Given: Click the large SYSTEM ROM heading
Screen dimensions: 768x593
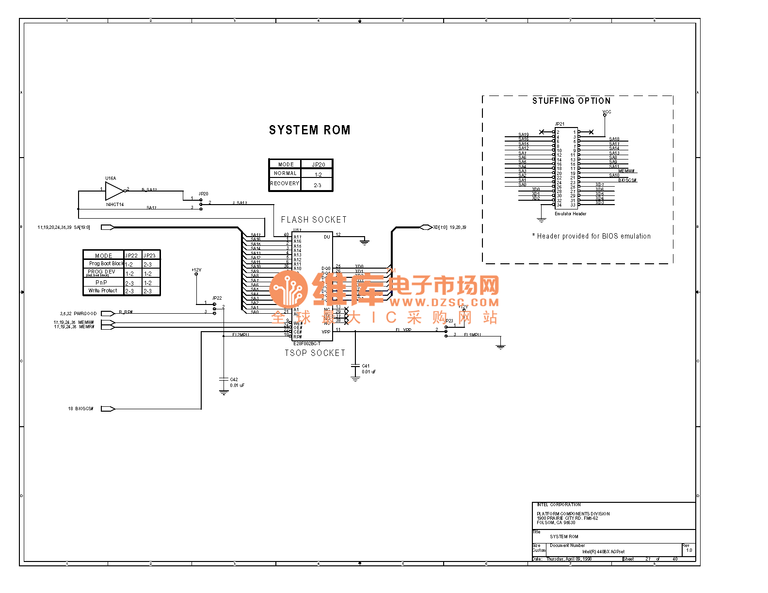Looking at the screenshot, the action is (309, 130).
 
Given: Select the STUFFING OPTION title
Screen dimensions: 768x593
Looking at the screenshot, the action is (571, 101).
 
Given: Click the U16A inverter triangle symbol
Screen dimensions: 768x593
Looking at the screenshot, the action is (114, 191).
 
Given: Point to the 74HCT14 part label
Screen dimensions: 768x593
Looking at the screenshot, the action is (115, 205).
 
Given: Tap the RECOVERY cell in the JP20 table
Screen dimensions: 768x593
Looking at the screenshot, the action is (285, 184).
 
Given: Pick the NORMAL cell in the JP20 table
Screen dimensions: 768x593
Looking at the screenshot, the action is (285, 174).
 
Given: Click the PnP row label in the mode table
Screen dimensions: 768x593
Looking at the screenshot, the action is (101, 283).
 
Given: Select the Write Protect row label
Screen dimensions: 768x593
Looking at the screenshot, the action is (103, 291).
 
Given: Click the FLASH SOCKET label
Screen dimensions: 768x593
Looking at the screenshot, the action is (314, 220).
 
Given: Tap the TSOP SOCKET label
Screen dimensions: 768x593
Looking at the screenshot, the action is (315, 353).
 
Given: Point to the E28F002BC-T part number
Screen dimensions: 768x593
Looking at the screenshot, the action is (307, 344).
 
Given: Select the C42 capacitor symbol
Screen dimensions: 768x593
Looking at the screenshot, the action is (224, 379).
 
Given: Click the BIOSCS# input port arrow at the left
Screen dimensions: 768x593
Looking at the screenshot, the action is (108, 409).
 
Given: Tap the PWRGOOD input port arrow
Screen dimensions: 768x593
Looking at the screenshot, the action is (108, 314).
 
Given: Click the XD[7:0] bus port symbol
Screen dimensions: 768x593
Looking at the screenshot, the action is (425, 227).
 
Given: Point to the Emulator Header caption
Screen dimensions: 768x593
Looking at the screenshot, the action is (570, 214).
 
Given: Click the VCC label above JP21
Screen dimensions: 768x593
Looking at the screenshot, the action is (607, 112).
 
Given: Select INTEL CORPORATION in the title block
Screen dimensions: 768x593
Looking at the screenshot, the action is (559, 505).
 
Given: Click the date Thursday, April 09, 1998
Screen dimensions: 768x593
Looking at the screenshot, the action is (569, 559).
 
